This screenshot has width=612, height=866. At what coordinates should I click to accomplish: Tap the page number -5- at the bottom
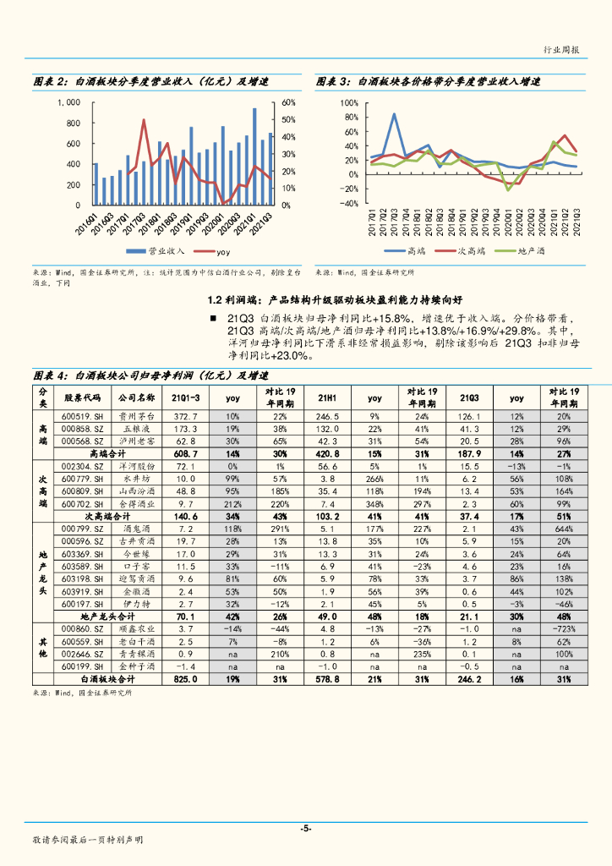click(305, 828)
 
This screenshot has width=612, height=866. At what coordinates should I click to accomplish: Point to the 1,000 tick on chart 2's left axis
click(68, 102)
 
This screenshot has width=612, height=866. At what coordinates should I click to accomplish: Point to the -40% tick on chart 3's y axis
click(347, 204)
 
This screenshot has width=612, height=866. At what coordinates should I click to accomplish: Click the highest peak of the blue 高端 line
click(394, 114)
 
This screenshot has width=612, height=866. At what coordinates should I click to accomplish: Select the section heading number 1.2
click(216, 299)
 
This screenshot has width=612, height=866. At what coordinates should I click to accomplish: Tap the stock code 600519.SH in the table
click(82, 417)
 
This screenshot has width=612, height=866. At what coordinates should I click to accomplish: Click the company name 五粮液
click(136, 429)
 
